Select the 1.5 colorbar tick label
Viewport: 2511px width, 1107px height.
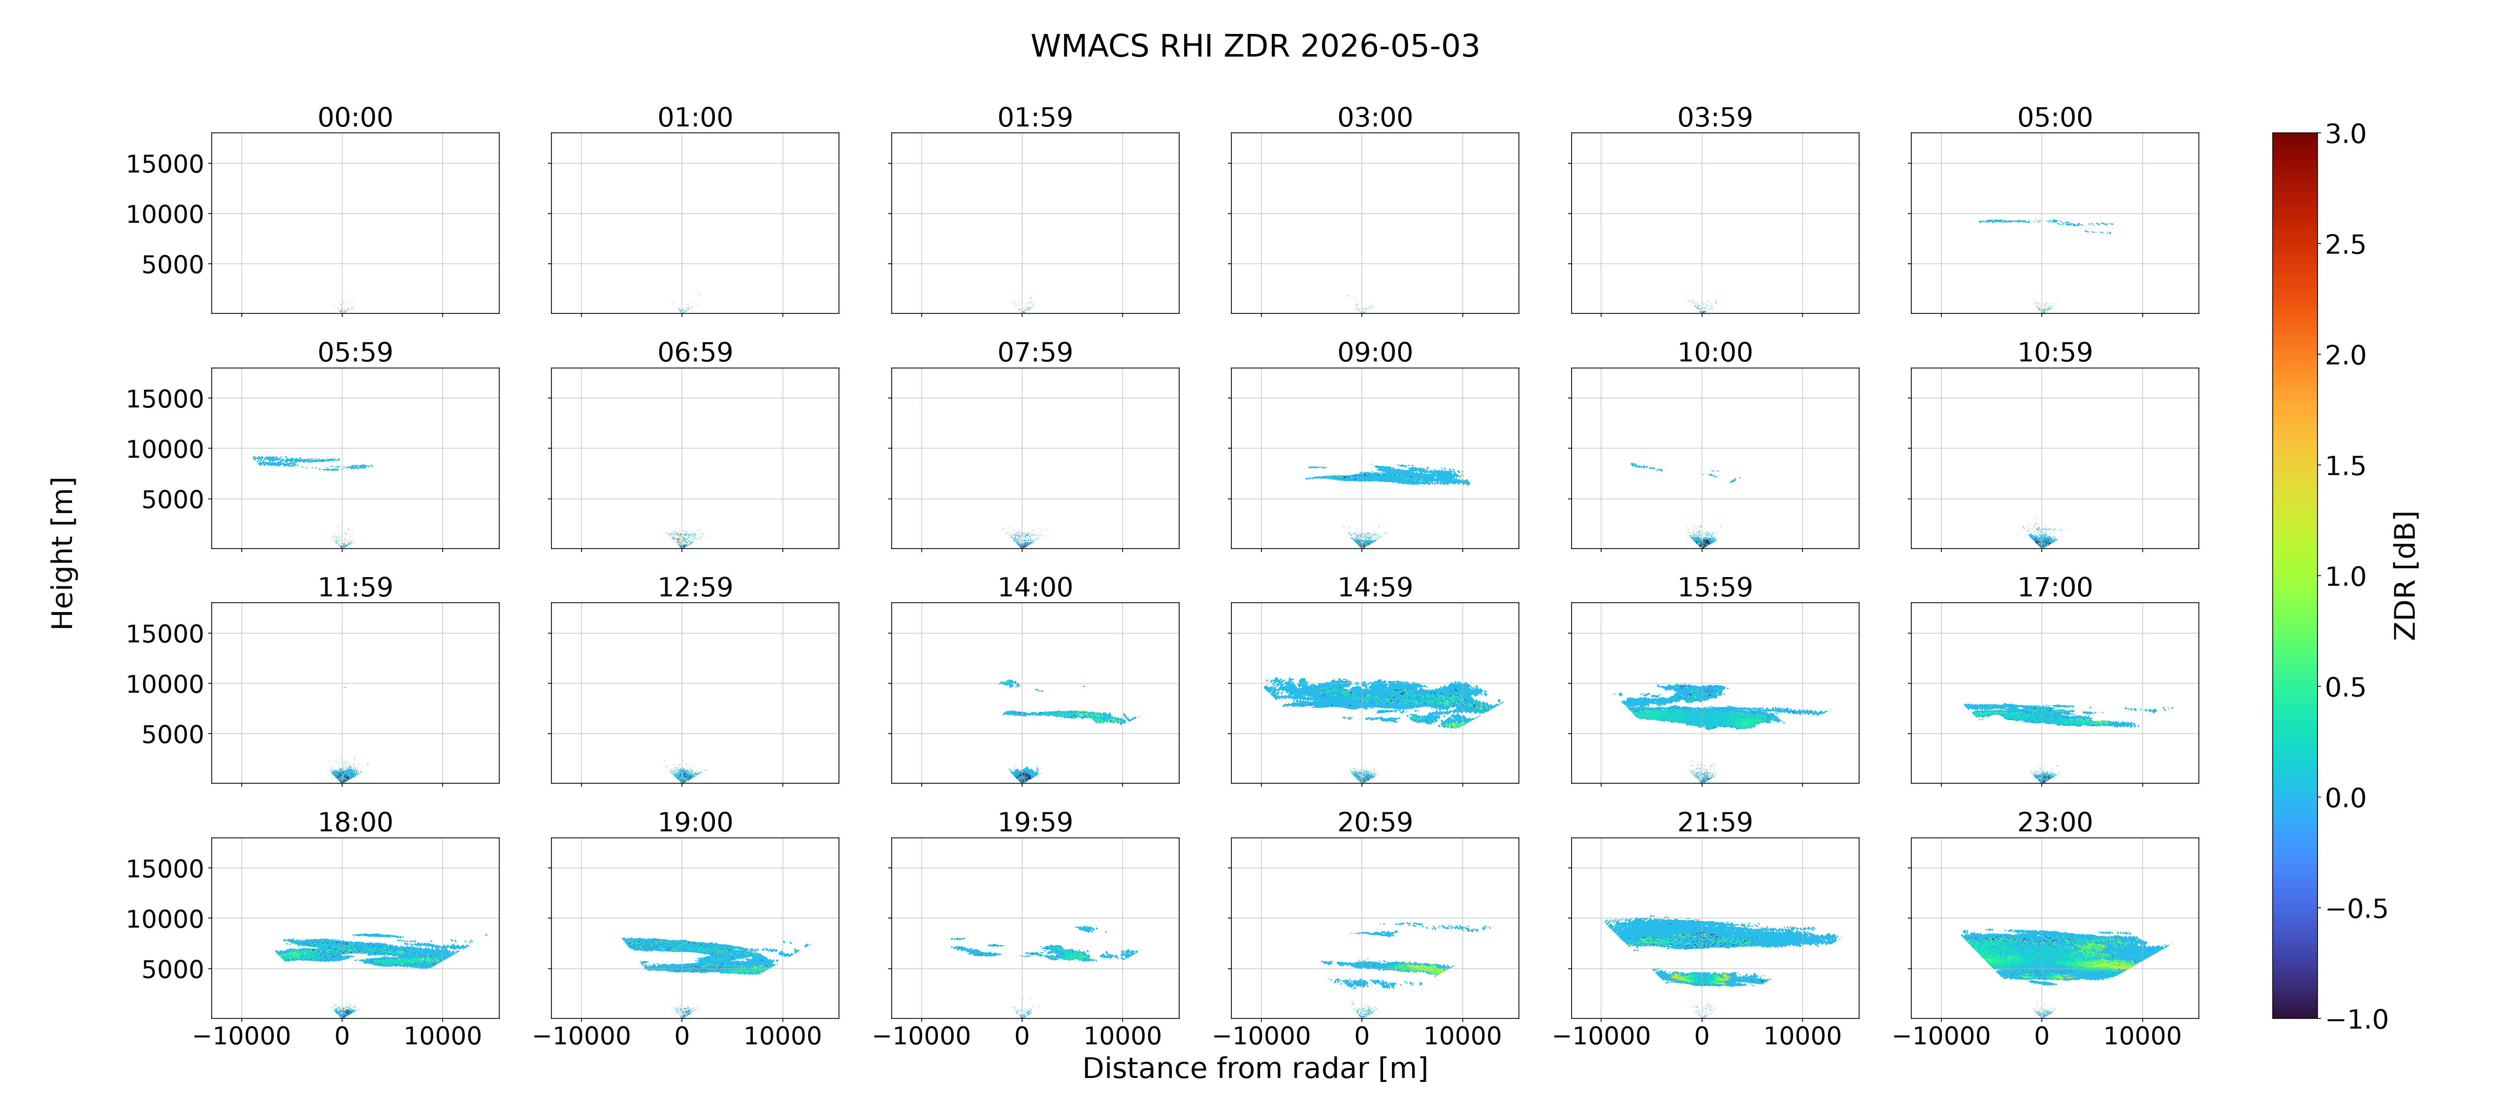click(2345, 466)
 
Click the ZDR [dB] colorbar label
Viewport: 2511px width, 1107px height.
click(2405, 575)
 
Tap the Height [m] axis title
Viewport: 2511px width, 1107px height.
click(63, 553)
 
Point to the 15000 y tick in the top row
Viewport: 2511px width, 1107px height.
click(165, 164)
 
